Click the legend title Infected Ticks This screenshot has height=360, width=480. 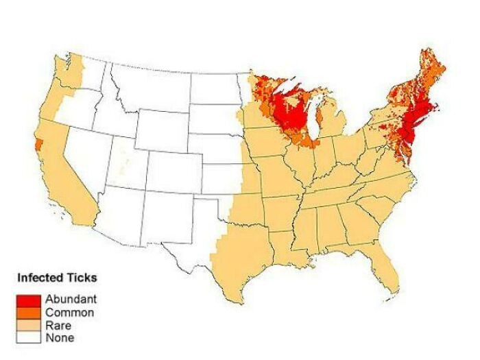point(57,278)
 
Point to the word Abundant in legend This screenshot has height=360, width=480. point(71,300)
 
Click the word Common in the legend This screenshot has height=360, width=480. point(69,313)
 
